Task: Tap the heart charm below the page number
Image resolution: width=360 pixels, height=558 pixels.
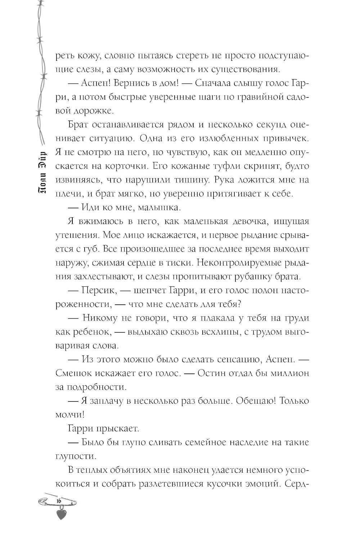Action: click(x=62, y=514)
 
